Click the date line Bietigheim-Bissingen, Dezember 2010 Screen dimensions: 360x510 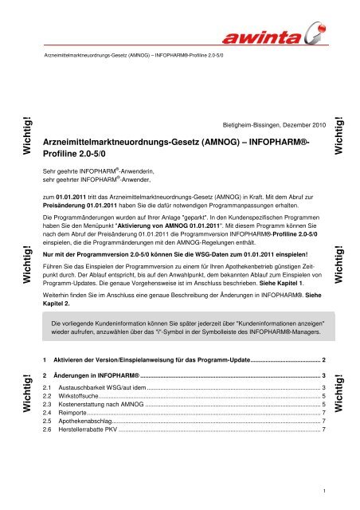[272, 126]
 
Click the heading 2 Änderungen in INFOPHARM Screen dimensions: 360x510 [96, 374]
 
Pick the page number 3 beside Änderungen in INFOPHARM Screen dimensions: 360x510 [322, 374]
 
